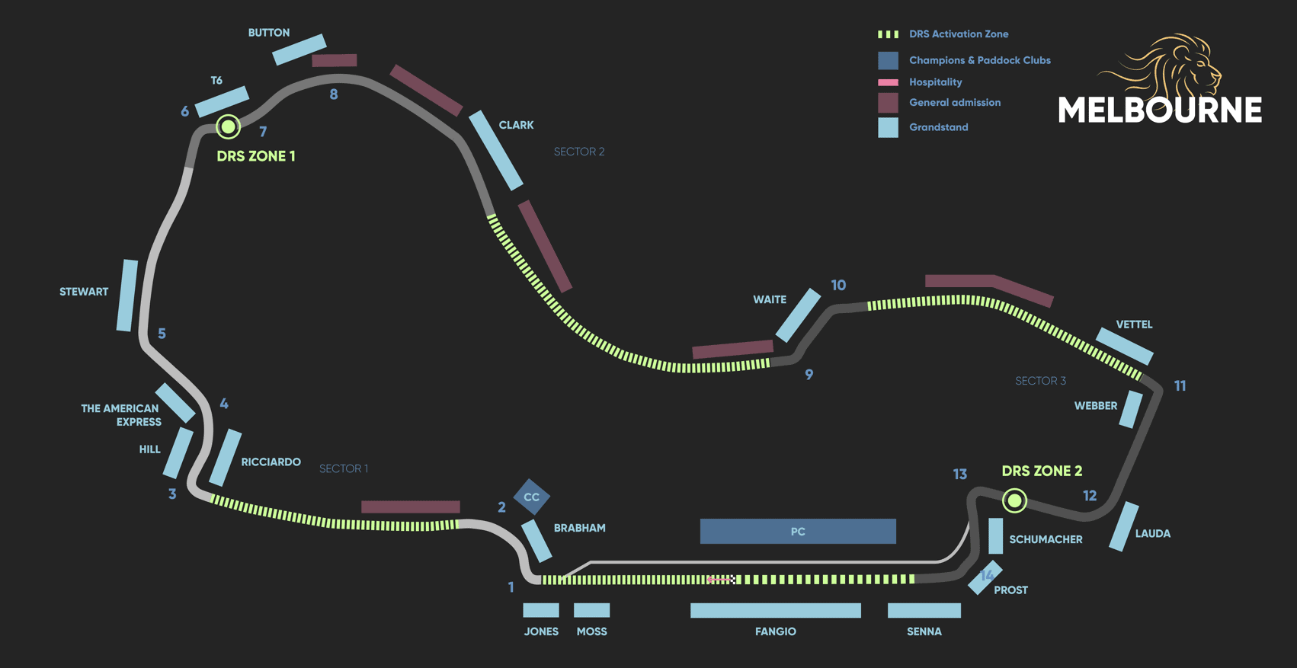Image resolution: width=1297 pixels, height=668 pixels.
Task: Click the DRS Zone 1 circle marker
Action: [228, 126]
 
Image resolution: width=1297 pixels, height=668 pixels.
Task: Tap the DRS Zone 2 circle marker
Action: [1014, 500]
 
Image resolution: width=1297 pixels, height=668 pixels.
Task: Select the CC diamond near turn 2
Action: [531, 497]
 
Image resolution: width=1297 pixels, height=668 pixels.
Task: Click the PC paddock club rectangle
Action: [798, 532]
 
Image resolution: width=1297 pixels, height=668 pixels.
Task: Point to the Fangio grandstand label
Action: [775, 631]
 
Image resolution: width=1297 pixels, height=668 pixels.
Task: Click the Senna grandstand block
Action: [924, 610]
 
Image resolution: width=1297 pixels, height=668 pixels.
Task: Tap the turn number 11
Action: [1180, 386]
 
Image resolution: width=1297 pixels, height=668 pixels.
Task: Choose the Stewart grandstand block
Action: [127, 296]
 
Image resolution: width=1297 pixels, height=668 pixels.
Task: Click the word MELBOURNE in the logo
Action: [1159, 110]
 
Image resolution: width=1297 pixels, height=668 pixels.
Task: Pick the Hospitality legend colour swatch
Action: [888, 82]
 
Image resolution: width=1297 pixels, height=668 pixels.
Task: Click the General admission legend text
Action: [955, 103]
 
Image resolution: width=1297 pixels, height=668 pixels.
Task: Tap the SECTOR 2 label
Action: [579, 152]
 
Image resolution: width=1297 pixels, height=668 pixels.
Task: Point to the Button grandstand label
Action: [269, 33]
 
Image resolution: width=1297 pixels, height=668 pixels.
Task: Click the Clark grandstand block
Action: [495, 150]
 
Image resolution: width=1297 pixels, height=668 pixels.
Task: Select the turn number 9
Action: [809, 375]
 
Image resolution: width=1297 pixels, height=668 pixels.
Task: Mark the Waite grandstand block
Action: [798, 315]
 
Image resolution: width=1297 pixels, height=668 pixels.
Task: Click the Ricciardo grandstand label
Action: [271, 462]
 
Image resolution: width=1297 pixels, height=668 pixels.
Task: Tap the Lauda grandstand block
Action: [1123, 526]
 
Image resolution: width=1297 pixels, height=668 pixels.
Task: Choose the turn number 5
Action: [162, 334]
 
